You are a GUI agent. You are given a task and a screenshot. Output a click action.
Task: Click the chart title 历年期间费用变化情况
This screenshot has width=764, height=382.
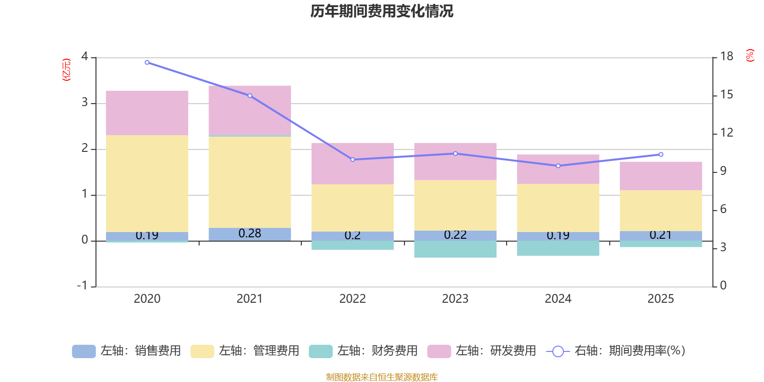tap(382, 11)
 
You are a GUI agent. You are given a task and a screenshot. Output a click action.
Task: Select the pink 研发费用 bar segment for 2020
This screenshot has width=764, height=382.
tap(147, 113)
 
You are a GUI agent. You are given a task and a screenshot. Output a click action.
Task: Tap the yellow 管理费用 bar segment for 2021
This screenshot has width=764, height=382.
tap(250, 182)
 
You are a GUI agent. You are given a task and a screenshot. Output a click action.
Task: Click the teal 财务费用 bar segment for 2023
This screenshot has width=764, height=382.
tap(455, 249)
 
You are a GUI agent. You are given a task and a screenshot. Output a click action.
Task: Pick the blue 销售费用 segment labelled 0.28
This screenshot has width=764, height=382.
tap(250, 234)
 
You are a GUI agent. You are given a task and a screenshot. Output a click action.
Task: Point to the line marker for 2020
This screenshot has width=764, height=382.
tap(147, 63)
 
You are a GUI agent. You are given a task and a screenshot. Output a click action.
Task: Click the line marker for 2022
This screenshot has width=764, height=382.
tap(353, 159)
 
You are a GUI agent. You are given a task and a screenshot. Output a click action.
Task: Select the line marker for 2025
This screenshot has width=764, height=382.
tap(661, 154)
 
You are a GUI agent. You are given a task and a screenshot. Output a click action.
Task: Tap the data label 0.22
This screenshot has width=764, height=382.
tap(455, 235)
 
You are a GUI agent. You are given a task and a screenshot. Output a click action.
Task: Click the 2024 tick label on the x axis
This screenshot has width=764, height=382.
tap(558, 299)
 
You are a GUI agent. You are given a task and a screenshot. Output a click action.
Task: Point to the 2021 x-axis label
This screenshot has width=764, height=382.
tap(250, 299)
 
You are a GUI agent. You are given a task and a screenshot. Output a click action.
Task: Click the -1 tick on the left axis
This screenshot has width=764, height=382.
tap(83, 286)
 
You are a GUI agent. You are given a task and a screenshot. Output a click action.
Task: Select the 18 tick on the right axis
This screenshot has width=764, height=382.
tap(726, 56)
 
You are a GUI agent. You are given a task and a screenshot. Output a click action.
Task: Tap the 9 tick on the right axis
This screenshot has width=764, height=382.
tap(723, 171)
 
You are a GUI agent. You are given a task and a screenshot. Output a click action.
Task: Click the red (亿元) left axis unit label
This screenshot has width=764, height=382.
tap(66, 70)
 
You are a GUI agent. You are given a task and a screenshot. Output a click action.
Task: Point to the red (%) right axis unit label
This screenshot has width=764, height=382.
tap(750, 55)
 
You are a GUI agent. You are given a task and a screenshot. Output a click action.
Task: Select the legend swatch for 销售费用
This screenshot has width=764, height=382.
tap(84, 351)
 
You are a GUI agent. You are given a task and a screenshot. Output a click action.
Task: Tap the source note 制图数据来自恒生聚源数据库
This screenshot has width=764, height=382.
tap(382, 377)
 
